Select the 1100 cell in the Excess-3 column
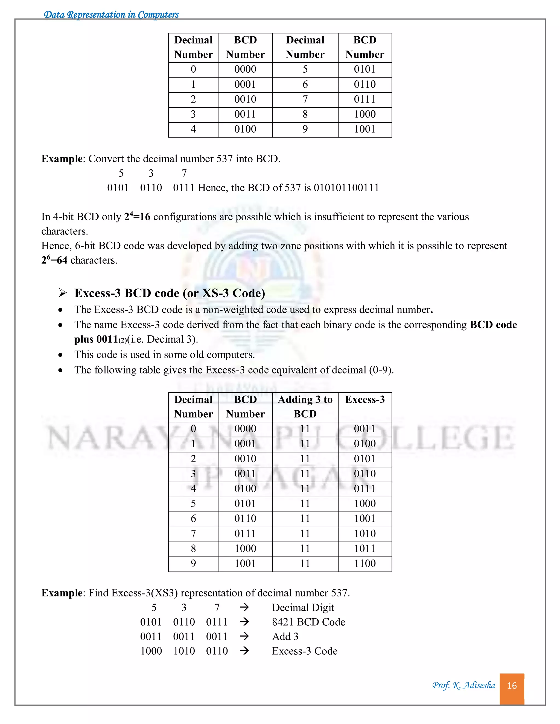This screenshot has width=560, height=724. (364, 563)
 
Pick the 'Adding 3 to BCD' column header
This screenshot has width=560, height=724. (305, 407)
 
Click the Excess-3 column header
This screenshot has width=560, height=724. (364, 399)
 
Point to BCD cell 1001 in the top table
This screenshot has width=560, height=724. (364, 129)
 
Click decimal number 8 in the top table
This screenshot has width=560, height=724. (305, 114)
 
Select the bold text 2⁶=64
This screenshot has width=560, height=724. (54, 260)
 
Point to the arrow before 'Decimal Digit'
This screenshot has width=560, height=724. (244, 607)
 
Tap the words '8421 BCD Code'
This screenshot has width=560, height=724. (308, 622)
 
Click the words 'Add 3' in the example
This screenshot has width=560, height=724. (285, 637)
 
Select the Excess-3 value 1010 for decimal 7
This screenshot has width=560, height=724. (364, 533)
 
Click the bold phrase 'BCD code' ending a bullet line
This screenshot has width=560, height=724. (493, 325)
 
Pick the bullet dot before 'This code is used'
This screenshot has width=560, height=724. (60, 355)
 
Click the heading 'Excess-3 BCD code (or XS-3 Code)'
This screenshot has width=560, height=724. (170, 293)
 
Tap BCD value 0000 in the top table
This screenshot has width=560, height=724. (245, 69)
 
